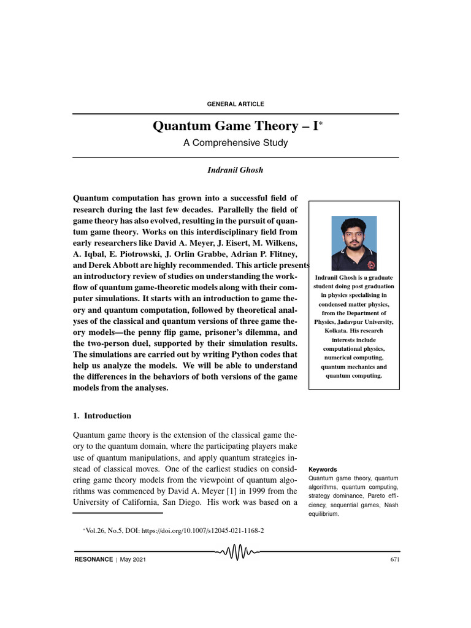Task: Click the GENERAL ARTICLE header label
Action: (x=236, y=104)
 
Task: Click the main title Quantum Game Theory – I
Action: (x=233, y=127)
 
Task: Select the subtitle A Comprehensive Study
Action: (x=235, y=143)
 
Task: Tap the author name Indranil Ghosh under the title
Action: (x=235, y=170)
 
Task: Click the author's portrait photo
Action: (x=354, y=243)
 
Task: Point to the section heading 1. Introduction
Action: (x=102, y=415)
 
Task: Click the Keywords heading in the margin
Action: (x=323, y=469)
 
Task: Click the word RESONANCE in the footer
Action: (x=93, y=559)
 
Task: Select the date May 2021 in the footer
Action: (x=133, y=559)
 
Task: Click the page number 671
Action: (x=394, y=559)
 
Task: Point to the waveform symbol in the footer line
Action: (x=237, y=553)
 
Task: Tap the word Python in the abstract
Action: (x=246, y=354)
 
